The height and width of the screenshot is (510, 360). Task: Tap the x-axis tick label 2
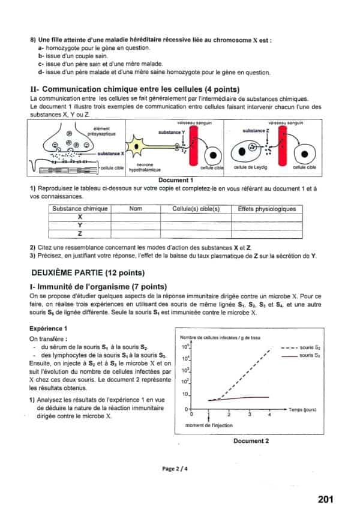[x=229, y=415]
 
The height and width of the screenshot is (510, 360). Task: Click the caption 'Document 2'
[x=251, y=441]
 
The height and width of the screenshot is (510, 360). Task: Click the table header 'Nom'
[x=136, y=209]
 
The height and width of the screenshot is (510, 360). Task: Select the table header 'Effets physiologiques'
[x=266, y=209]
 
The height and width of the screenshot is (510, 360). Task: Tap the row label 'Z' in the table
[x=80, y=233]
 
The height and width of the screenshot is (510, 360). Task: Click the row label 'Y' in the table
[x=80, y=225]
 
